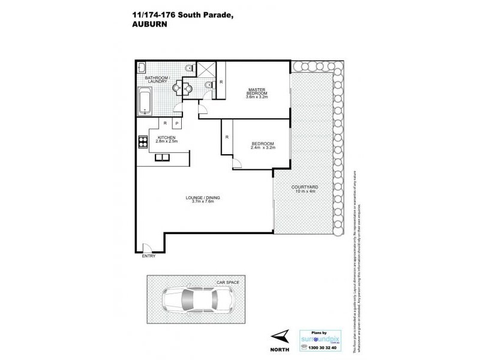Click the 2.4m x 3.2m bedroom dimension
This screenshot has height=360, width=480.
point(262,148)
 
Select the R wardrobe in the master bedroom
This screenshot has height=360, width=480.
point(221,81)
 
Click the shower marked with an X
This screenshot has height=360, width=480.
point(205,70)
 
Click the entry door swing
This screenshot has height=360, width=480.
point(146,246)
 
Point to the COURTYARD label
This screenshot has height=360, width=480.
point(304,187)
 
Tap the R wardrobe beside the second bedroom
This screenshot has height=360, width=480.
point(227,137)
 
